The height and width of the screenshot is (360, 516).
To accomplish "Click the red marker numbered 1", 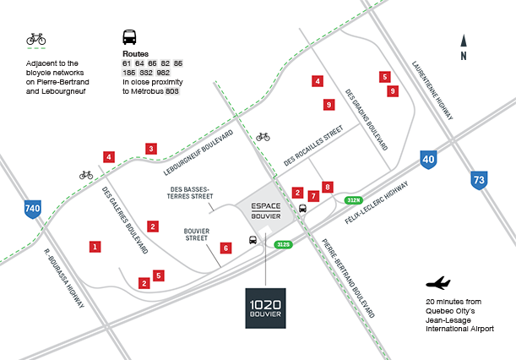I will point(95,247).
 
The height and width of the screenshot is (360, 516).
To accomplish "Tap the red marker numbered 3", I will point(150,149).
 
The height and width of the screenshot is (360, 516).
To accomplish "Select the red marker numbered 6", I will point(225,248).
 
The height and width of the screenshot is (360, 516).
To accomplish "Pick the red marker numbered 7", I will point(313,196).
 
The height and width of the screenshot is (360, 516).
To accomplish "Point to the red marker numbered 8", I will point(328,187).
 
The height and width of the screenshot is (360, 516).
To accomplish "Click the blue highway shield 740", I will point(33,209).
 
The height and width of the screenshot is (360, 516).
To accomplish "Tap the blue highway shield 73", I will point(479,179).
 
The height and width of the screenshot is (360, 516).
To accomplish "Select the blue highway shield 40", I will point(429,158).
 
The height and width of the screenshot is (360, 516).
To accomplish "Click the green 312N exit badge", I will point(353,199).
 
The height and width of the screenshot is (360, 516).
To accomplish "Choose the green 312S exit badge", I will point(283,244).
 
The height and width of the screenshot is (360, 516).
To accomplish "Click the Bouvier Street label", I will point(196,233).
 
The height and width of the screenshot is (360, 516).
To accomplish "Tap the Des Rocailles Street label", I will point(313,145).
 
